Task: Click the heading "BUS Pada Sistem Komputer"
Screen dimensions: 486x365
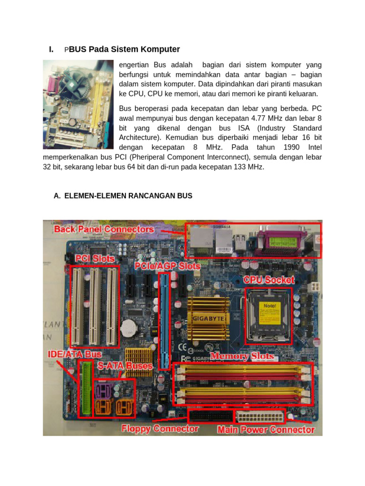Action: pos(125,49)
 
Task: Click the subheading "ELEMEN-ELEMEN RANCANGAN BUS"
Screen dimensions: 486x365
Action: pos(128,196)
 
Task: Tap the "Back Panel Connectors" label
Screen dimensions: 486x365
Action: pos(104,229)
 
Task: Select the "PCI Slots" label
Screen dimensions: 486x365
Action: pos(95,259)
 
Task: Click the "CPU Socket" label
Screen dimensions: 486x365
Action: pos(269,280)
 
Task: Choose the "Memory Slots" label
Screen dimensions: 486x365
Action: pos(242,356)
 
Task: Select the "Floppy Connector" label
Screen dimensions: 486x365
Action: pos(160,429)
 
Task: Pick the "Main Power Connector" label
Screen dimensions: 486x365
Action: pos(266,430)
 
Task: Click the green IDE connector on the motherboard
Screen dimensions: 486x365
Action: pos(86,389)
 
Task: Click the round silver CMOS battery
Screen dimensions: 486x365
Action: pos(128,327)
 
